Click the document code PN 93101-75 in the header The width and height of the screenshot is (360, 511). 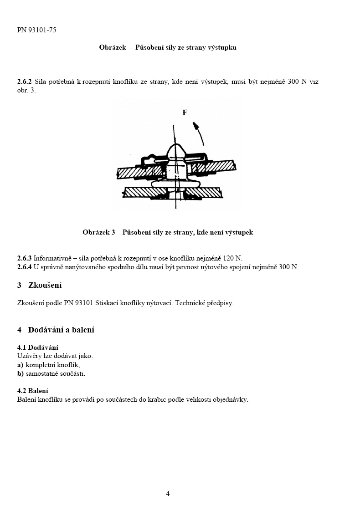[37, 31]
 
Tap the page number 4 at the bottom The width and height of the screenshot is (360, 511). [168, 494]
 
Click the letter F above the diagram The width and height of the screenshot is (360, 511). [185, 112]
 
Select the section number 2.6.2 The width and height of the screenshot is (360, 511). [25, 82]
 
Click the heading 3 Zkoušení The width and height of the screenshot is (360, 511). [39, 286]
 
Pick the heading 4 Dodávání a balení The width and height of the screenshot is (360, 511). [56, 330]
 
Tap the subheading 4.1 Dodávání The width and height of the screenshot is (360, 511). [37, 347]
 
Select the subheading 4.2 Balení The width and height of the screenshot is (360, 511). [33, 391]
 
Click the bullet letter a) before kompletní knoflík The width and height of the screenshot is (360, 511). [21, 365]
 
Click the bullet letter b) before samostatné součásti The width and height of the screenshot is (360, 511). [21, 373]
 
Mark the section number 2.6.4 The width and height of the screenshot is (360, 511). [25, 267]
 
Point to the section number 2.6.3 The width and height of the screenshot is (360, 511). [25, 258]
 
